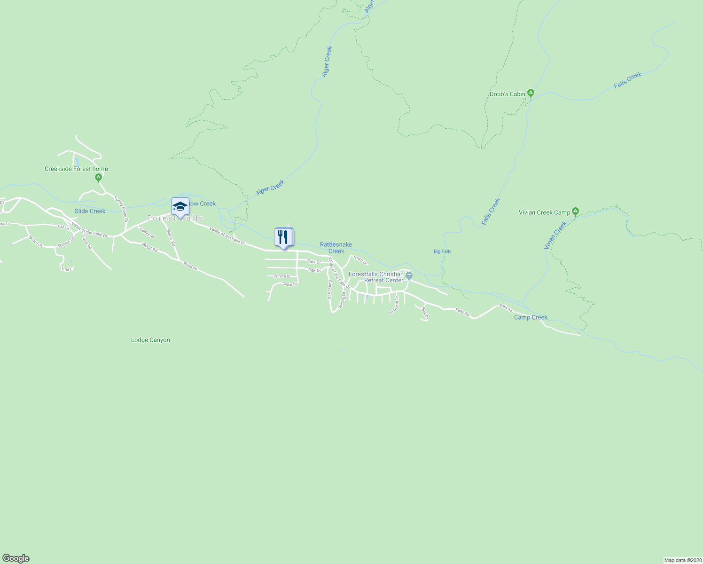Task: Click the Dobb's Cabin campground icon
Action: click(x=531, y=93)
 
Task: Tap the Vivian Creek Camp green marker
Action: click(x=575, y=211)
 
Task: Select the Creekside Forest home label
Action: click(x=76, y=169)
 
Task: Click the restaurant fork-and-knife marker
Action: click(x=283, y=237)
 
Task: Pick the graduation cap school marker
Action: click(x=180, y=206)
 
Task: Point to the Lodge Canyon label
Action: click(x=150, y=340)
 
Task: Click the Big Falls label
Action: click(x=442, y=251)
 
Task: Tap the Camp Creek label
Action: click(x=531, y=317)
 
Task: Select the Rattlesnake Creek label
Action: click(x=336, y=248)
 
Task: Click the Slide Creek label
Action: click(x=90, y=211)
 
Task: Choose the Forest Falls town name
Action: click(x=175, y=219)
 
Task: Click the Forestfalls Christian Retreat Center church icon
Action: click(x=409, y=275)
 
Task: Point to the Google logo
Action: click(x=16, y=558)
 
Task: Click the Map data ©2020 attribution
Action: click(x=682, y=560)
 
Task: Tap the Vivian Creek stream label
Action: click(x=555, y=235)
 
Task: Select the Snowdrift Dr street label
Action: click(x=393, y=305)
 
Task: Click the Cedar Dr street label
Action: click(x=289, y=284)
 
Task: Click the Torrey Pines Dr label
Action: click(x=121, y=209)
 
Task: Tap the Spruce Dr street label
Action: click(x=282, y=276)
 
